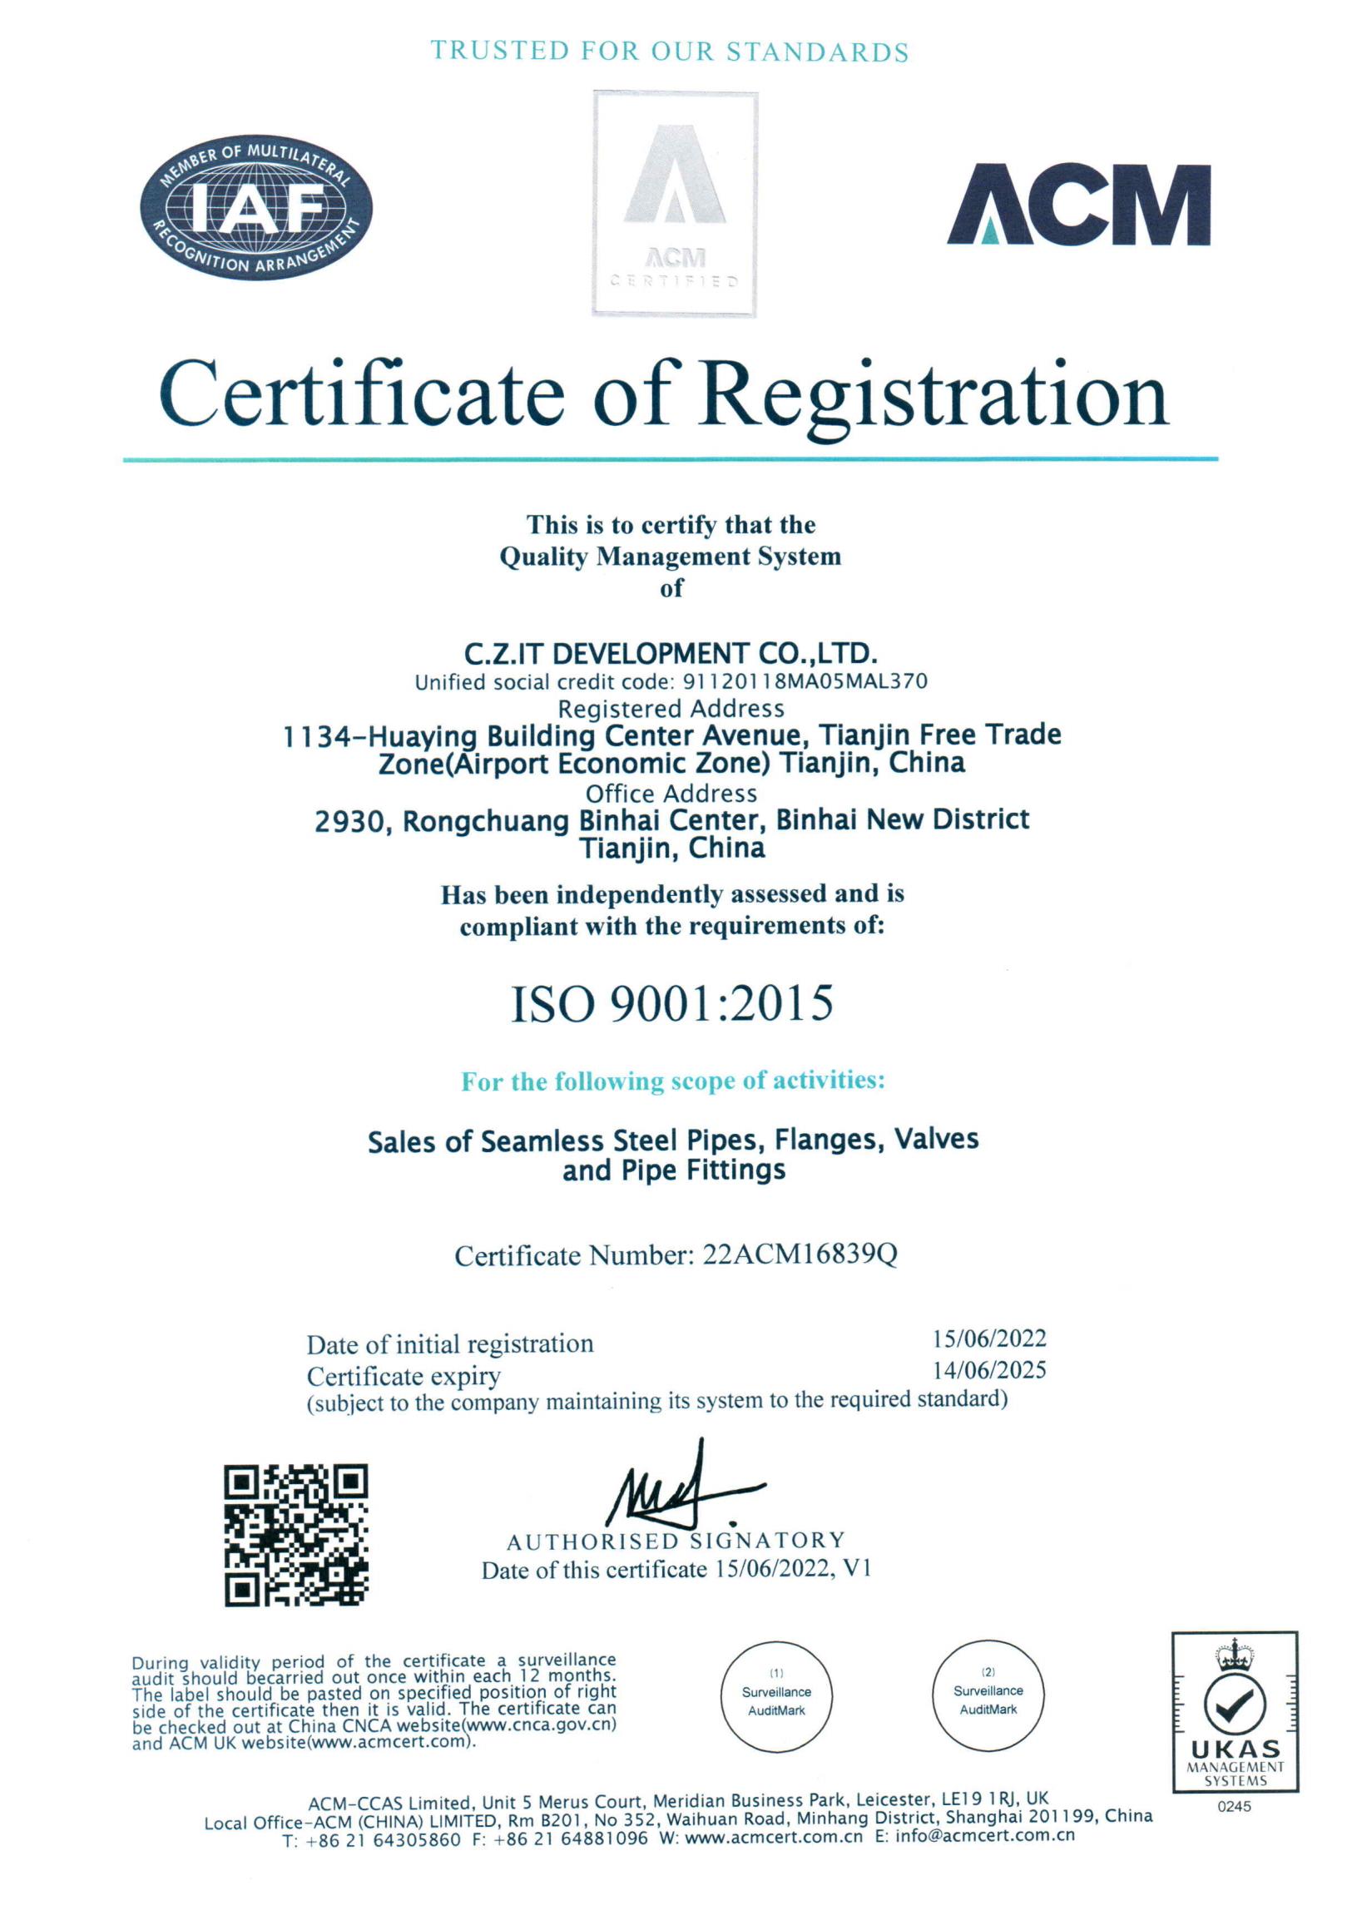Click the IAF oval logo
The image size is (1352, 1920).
(x=256, y=207)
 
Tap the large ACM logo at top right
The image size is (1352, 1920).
(x=1077, y=205)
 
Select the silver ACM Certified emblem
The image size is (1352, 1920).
(x=675, y=204)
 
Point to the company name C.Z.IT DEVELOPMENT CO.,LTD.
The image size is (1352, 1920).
(x=671, y=653)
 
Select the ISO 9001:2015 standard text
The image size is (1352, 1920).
(x=671, y=1003)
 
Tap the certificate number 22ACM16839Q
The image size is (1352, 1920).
(x=800, y=1255)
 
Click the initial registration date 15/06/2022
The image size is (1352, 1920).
(x=989, y=1339)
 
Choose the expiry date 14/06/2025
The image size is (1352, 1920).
(x=989, y=1370)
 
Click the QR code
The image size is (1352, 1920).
(x=296, y=1535)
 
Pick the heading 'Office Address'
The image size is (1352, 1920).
(x=671, y=793)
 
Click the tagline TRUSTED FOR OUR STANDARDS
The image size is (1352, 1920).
(x=670, y=52)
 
